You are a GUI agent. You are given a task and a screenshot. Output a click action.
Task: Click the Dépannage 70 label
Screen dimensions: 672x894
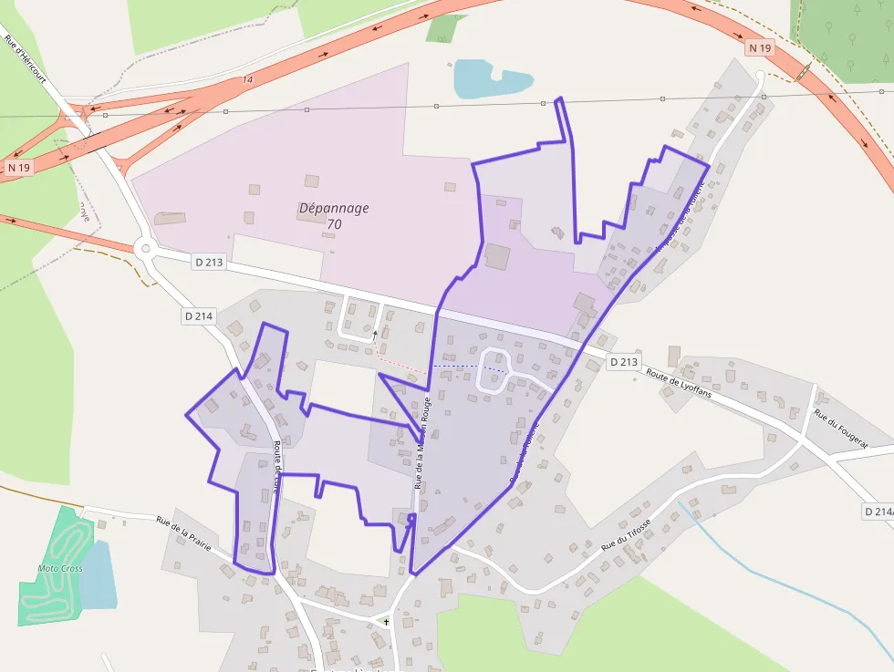[x=334, y=215]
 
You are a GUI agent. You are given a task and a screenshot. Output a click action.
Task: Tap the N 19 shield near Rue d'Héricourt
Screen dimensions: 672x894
[x=18, y=168]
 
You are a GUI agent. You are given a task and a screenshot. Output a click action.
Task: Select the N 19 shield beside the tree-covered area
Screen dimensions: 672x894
[x=759, y=47]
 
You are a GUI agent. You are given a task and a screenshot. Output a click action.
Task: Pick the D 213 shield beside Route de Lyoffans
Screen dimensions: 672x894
[x=623, y=362]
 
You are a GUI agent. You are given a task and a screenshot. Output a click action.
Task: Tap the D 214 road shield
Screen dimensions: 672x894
[x=198, y=316]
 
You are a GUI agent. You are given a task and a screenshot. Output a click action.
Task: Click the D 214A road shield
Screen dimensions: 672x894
[x=878, y=512]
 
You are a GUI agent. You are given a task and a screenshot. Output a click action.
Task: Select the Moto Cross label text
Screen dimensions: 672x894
[x=60, y=568]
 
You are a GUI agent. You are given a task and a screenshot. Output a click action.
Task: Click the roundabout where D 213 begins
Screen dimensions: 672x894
[x=143, y=248]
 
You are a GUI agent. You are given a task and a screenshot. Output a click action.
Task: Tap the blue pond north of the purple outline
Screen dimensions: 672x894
[x=489, y=78]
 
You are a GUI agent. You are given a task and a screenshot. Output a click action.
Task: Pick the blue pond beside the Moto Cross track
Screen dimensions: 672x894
[x=98, y=574]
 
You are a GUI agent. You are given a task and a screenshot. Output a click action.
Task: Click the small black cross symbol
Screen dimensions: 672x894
[x=386, y=622]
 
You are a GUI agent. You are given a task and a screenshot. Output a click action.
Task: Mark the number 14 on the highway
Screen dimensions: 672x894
[x=247, y=80]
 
